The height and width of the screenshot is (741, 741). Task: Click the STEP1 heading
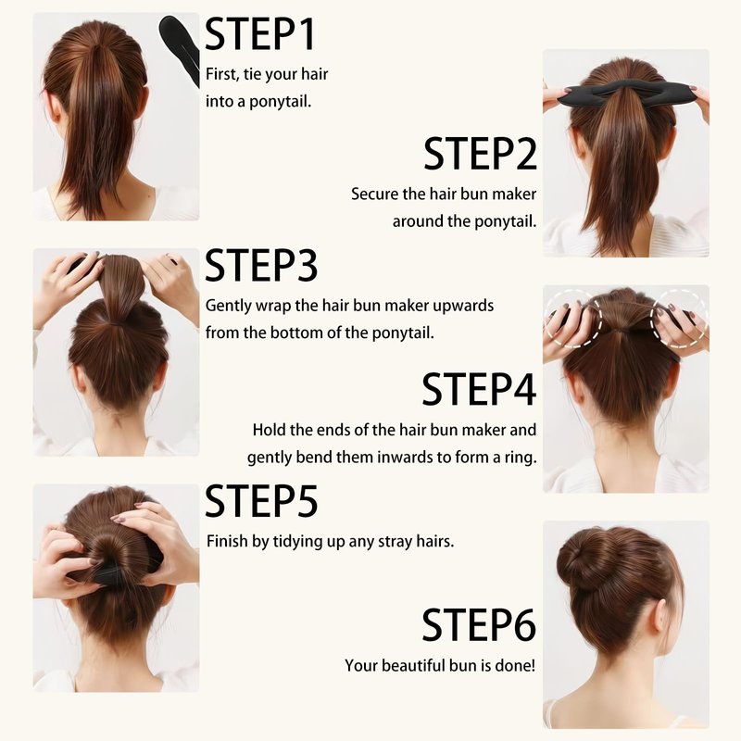[x=260, y=34]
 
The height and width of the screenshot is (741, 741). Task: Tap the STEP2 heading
[x=480, y=154]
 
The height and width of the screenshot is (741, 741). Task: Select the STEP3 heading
[x=261, y=266]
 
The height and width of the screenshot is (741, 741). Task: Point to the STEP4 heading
[x=479, y=388]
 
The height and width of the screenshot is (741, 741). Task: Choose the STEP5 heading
[x=261, y=501]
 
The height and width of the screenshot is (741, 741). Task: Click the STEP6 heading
[x=479, y=624]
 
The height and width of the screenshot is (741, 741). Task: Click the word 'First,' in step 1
[x=222, y=75]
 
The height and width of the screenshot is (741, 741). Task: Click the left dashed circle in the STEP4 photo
[x=572, y=319]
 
